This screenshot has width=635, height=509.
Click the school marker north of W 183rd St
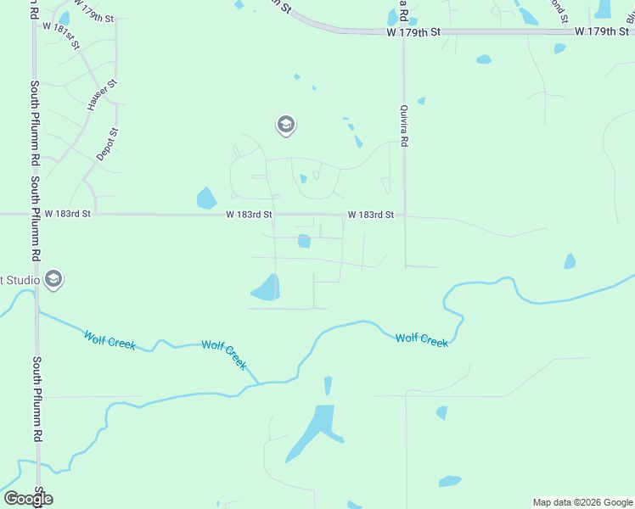[285, 126]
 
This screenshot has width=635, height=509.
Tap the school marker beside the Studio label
[53, 279]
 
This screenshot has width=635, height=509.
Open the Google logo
[28, 499]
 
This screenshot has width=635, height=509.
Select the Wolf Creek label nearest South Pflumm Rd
[110, 339]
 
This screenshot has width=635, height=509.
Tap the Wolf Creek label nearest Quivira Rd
[422, 339]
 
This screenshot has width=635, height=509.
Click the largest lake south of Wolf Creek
[316, 429]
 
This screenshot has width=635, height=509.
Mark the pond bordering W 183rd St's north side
[206, 199]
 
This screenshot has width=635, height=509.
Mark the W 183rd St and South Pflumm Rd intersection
[35, 215]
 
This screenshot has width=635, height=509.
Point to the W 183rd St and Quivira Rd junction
[404, 215]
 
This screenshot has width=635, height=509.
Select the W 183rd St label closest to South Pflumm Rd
[68, 215]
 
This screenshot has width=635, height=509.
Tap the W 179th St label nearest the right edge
[601, 31]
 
